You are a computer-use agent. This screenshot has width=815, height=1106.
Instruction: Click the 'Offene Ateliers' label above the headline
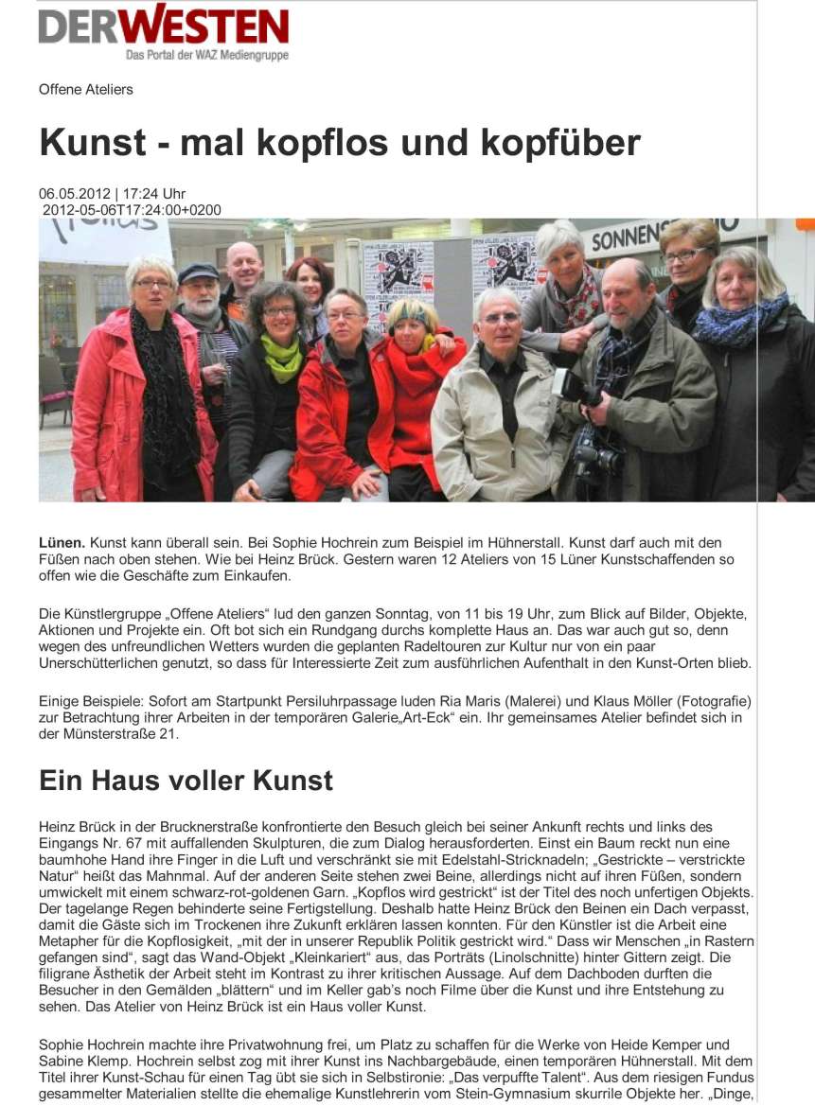coord(86,90)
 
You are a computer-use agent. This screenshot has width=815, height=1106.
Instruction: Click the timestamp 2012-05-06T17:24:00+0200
coord(132,209)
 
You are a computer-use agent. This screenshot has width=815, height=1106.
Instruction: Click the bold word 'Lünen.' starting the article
coord(62,543)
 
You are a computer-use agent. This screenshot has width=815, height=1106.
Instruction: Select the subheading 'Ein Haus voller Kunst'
coord(186,781)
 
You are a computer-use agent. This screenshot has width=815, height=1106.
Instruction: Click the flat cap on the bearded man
coord(199,272)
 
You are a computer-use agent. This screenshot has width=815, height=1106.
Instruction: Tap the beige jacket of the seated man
coord(492,426)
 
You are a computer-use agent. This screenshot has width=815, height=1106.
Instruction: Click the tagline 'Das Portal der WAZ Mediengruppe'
coord(206,56)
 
